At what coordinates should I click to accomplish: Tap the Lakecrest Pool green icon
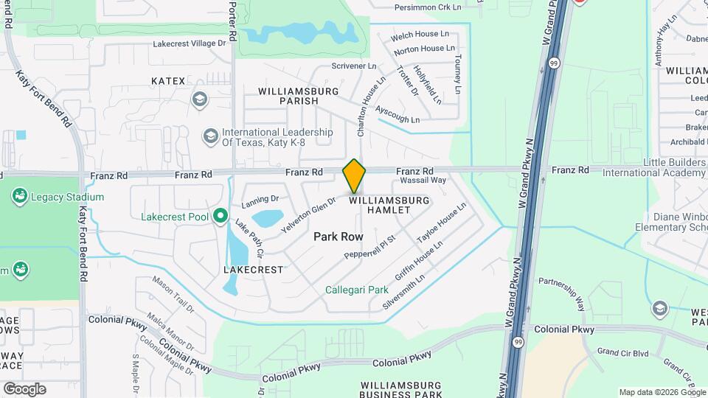pyautogui.click(x=220, y=216)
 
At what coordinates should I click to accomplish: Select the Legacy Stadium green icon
pyautogui.click(x=20, y=197)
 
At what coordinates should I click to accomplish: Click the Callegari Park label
pyautogui.click(x=357, y=290)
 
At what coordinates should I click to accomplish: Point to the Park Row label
pyautogui.click(x=339, y=237)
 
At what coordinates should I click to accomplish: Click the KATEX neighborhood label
pyautogui.click(x=168, y=80)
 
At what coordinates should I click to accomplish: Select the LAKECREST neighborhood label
pyautogui.click(x=253, y=270)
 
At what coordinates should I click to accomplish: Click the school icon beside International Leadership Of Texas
pyautogui.click(x=210, y=136)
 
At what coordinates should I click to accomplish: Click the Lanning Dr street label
pyautogui.click(x=260, y=200)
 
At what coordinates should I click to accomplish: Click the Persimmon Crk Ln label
pyautogui.click(x=427, y=7)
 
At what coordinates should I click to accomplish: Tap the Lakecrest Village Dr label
pyautogui.click(x=189, y=43)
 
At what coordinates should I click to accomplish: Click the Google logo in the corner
pyautogui.click(x=24, y=388)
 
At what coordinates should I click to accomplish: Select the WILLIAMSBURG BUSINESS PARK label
pyautogui.click(x=401, y=390)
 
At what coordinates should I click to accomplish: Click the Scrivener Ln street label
pyautogui.click(x=354, y=66)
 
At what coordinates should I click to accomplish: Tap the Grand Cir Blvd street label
pyautogui.click(x=622, y=352)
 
